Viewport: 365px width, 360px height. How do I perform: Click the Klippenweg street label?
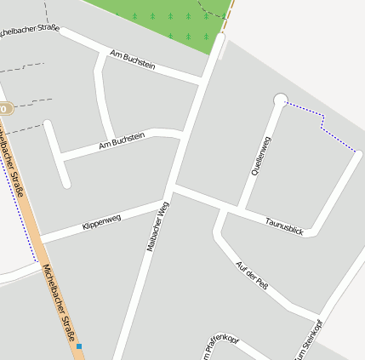[x=101, y=222]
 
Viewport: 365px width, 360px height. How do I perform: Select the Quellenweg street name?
[x=259, y=157]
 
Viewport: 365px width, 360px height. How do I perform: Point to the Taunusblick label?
[x=283, y=226]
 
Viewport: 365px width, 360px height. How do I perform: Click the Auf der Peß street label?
[x=251, y=274]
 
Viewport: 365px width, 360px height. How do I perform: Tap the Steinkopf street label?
[x=308, y=340]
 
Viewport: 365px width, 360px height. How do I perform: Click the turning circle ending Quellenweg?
[x=280, y=100]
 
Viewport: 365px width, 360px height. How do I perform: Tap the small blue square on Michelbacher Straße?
[x=78, y=346]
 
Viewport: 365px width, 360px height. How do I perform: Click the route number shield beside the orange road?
[x=5, y=109]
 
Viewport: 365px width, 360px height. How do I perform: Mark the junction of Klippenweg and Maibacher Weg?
[x=163, y=203]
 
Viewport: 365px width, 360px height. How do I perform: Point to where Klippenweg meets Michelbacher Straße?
[x=40, y=238]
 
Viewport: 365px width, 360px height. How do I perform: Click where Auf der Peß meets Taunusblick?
[x=223, y=209]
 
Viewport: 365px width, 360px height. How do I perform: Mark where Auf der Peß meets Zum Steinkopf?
[x=320, y=315]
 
